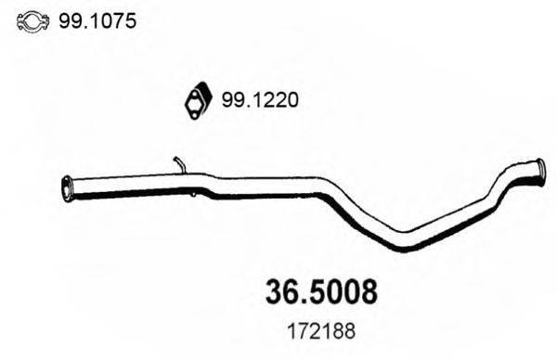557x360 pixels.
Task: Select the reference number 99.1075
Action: coord(97,18)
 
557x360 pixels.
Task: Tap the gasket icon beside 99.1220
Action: coord(197,100)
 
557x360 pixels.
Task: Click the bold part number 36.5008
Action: coord(316,291)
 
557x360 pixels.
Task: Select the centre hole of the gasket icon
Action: coord(198,100)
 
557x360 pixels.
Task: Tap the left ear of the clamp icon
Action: coord(21,19)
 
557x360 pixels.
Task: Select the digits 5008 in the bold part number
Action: coord(338,291)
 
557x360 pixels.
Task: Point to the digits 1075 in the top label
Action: coord(114,18)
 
